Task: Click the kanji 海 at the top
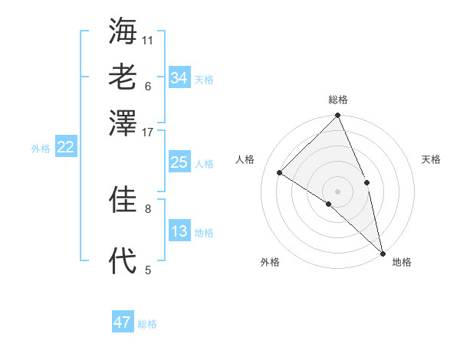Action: pos(123,31)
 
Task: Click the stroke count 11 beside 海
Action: pos(148,40)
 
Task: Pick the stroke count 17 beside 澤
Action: pos(148,132)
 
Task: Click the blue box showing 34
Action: pos(179,78)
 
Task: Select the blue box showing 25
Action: pos(179,162)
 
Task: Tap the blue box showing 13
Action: pos(179,231)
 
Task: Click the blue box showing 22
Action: pos(65,148)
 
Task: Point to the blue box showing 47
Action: pos(122,322)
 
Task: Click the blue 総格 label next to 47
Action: pos(147,324)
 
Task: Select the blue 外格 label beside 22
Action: pos(41,149)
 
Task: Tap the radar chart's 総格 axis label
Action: pos(338,100)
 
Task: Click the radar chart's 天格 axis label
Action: pos(431,159)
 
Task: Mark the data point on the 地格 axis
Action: pos(382,252)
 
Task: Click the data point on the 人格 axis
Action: pos(280,172)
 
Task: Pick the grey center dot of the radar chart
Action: pos(338,191)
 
